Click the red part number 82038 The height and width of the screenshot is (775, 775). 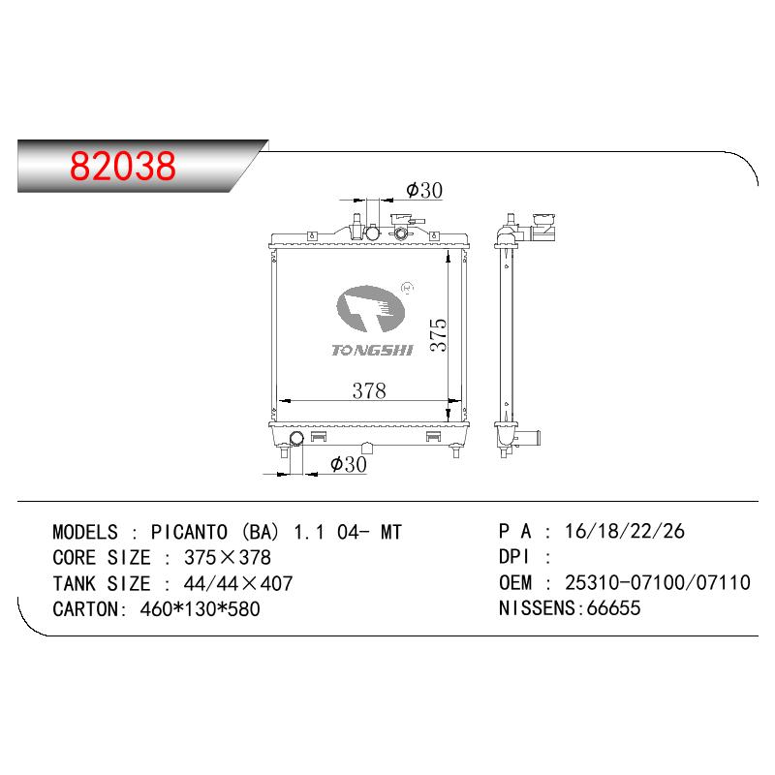pyautogui.click(x=123, y=166)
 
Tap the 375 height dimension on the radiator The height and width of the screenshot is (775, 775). pyautogui.click(x=439, y=334)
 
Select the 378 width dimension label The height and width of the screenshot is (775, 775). pyautogui.click(x=369, y=391)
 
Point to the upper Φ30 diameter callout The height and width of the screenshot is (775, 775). pyautogui.click(x=423, y=190)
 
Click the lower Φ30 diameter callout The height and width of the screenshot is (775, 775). pyautogui.click(x=349, y=464)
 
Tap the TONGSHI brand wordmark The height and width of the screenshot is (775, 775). pyautogui.click(x=372, y=351)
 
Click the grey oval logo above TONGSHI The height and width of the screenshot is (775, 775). pyautogui.click(x=370, y=309)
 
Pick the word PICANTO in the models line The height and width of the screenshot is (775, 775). pyautogui.click(x=189, y=532)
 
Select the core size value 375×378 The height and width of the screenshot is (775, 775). pyautogui.click(x=228, y=558)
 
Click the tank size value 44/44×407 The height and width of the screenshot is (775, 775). pyautogui.click(x=238, y=584)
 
